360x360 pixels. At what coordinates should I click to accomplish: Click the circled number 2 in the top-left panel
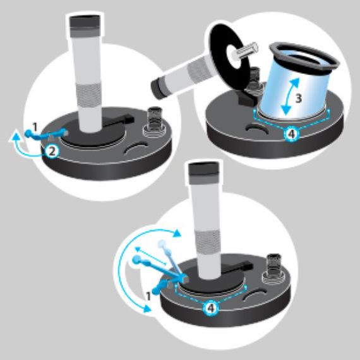[x=52, y=152]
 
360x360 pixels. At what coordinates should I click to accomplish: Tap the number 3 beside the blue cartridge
[x=298, y=99]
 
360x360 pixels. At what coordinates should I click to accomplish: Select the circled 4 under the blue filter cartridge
[x=291, y=134]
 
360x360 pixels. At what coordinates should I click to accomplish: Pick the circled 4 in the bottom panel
[x=211, y=308]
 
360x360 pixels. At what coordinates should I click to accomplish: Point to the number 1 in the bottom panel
[x=148, y=296]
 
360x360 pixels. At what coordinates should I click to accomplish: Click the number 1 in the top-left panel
[x=35, y=127]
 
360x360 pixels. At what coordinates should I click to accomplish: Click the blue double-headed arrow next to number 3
[x=290, y=97]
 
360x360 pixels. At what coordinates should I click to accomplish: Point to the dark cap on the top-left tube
[x=85, y=26]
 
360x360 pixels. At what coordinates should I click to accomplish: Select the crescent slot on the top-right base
[x=256, y=128]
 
